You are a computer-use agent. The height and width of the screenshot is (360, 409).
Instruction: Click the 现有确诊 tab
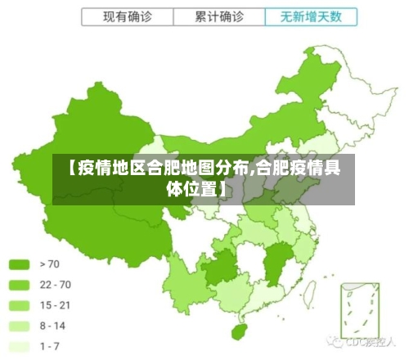point(127,16)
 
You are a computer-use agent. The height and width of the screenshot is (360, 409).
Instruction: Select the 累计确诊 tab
point(219,16)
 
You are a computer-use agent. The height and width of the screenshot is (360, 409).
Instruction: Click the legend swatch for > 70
point(19,264)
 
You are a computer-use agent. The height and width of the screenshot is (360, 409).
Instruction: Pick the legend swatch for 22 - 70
point(19,285)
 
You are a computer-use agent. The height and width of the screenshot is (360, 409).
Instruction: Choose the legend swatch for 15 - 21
point(19,305)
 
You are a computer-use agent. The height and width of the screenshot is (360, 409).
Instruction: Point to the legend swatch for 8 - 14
point(19,326)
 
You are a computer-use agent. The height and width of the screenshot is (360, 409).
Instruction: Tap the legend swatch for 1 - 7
point(19,346)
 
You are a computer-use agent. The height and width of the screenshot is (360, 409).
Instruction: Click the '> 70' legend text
point(51,264)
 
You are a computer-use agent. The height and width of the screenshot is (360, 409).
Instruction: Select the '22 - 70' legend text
point(55,285)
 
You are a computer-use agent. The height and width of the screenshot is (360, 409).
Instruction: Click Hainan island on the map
point(238,333)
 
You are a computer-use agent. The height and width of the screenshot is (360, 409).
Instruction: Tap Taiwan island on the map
point(318,283)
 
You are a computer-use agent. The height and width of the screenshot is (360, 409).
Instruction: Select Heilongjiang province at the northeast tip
point(319,78)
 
